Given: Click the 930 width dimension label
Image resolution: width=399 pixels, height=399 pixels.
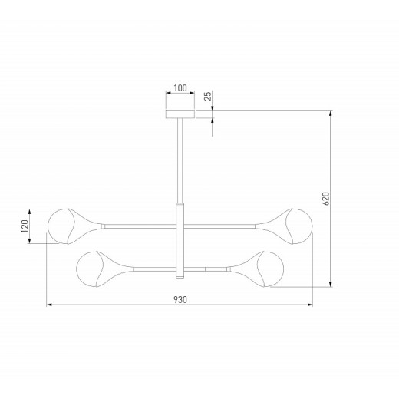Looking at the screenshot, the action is pos(180,299).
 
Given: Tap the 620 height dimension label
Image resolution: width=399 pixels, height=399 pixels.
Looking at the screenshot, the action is pos(326,199).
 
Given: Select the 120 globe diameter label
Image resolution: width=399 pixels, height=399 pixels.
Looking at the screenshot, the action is pos(25,226).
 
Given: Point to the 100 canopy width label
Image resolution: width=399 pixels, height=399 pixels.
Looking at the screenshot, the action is pos(180,88).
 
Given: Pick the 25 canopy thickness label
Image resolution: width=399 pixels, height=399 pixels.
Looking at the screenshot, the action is pos(208,96).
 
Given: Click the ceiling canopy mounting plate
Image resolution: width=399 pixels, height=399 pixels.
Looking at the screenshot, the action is pos(180,114).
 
